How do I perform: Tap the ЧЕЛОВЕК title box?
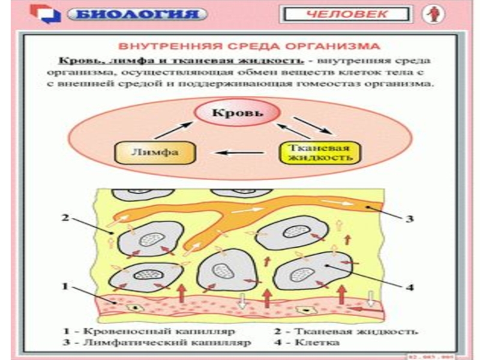(347, 13)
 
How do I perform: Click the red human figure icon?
(430, 14)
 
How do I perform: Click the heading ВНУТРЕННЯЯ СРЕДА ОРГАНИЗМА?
(248, 46)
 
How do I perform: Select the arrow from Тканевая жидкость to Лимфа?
(241, 153)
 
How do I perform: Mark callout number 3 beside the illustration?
(410, 219)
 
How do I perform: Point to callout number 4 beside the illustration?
(410, 287)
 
